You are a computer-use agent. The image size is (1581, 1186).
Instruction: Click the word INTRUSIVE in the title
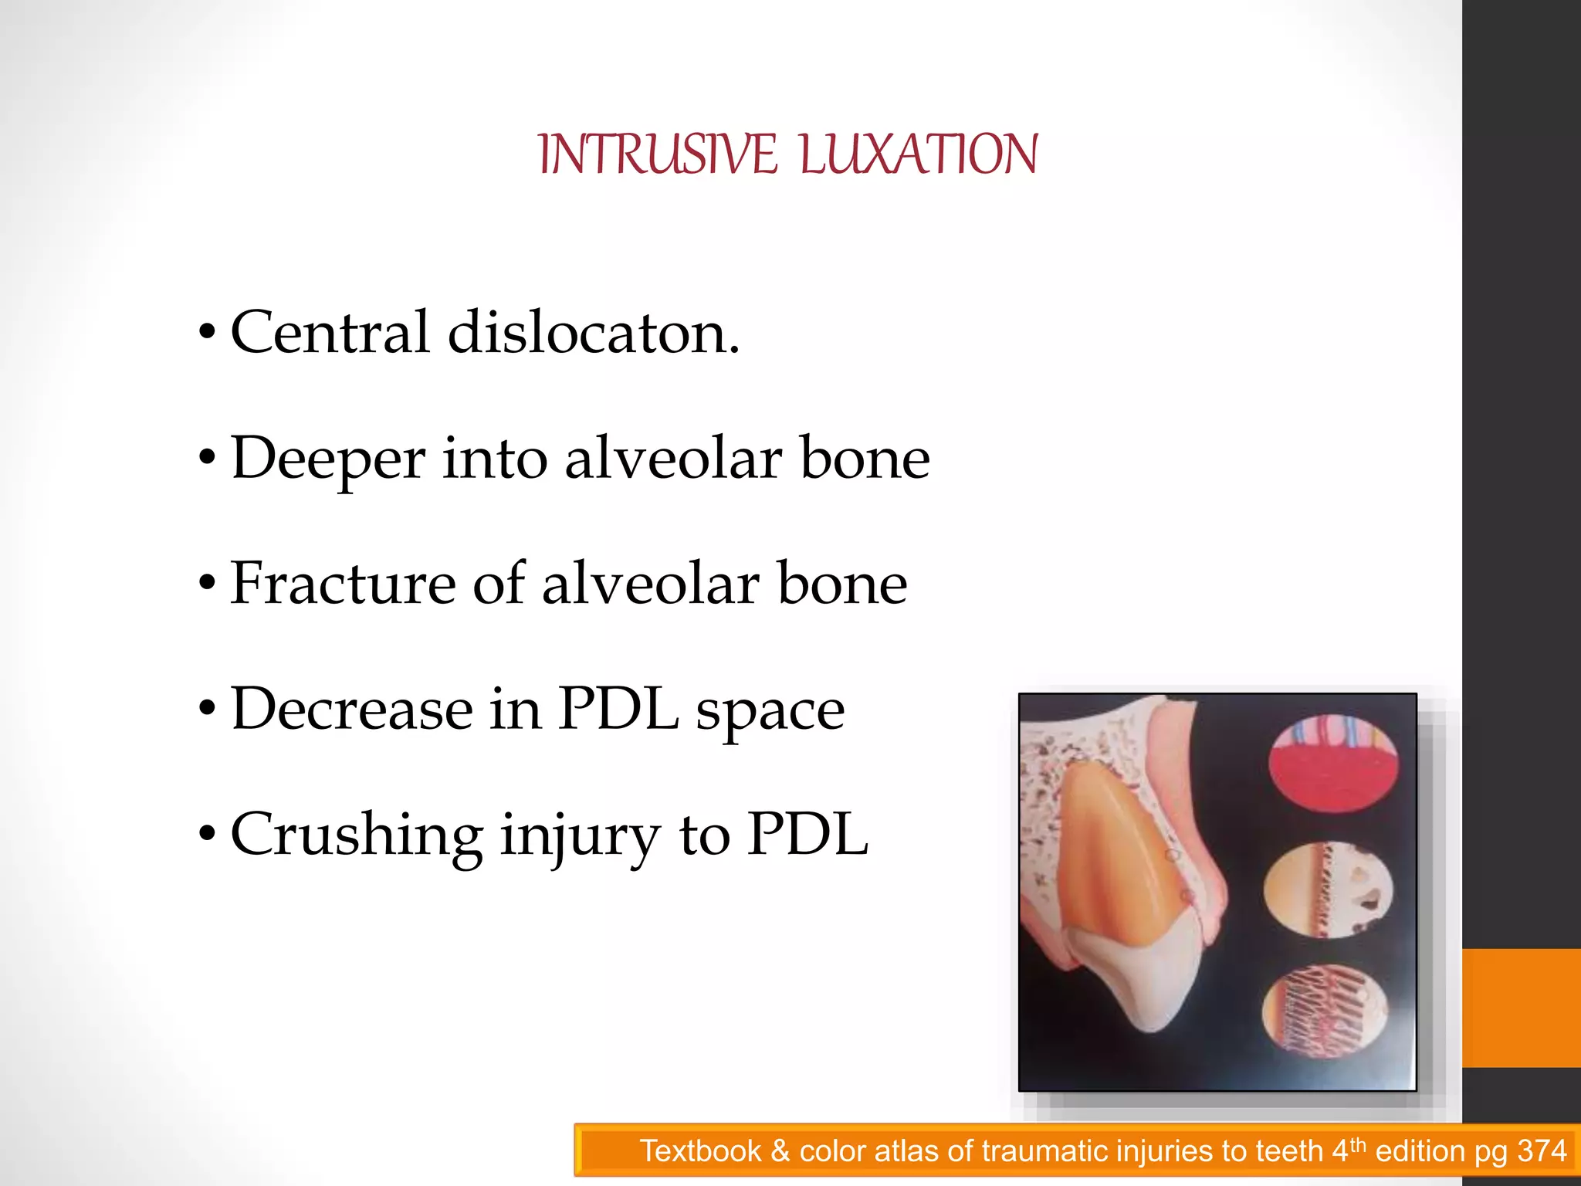tap(657, 154)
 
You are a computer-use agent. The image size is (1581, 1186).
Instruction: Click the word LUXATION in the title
tap(919, 154)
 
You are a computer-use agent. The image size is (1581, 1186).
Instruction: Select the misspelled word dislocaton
tap(593, 333)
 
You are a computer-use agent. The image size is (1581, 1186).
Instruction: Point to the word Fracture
tap(343, 584)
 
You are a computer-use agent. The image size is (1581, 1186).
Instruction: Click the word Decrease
tap(352, 709)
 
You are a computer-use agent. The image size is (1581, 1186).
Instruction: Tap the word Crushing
tap(357, 835)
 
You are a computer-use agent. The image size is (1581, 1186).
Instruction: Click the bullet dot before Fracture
tap(206, 584)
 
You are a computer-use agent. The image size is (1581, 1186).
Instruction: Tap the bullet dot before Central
tap(206, 333)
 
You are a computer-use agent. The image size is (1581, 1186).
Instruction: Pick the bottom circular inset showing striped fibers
tap(1325, 1012)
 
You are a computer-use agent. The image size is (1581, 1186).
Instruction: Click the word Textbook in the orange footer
tap(700, 1151)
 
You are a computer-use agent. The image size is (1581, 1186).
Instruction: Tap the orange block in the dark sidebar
tap(1521, 1008)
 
